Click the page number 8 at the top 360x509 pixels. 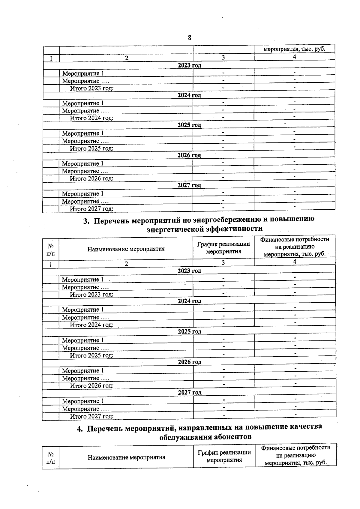pos(189,38)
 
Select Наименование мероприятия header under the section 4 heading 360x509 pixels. pos(126,457)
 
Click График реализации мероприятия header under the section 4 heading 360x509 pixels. pos(224,456)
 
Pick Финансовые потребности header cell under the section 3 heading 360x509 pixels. pos(295,247)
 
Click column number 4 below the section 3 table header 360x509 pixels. pos(295,262)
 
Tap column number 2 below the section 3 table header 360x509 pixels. pos(126,263)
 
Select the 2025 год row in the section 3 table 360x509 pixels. pos(189,331)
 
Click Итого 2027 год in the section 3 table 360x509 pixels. pos(92,416)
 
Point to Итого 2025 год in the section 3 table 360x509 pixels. pos(92,355)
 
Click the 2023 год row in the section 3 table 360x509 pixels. pos(189,271)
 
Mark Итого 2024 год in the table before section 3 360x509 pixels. pos(92,118)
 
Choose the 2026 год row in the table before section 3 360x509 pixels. pos(189,155)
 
